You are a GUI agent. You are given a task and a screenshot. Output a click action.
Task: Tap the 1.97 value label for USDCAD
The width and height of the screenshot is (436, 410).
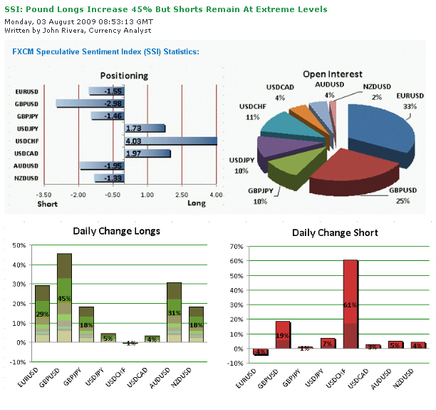pos(134,153)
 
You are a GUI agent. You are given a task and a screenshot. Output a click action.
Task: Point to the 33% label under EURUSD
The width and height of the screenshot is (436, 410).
pos(410,106)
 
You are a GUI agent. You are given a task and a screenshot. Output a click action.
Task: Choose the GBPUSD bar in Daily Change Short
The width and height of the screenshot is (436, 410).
pos(283,335)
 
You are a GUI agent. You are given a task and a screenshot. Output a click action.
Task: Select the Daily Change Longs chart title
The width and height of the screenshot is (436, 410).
pos(116,230)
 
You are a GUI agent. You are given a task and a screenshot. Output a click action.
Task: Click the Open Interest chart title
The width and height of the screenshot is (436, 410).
pos(332,73)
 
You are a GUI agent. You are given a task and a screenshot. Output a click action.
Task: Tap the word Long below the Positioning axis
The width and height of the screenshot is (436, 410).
pos(197,204)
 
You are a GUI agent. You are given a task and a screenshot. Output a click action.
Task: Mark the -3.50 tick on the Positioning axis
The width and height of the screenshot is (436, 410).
pos(44,194)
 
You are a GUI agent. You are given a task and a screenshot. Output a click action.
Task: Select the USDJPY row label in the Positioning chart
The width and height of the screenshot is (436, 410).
pos(26,128)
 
